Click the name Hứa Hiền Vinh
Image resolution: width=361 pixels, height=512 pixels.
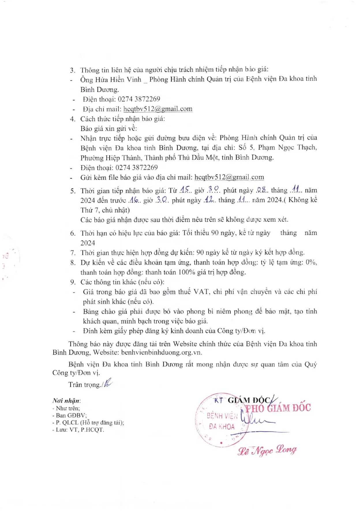click(x=118, y=79)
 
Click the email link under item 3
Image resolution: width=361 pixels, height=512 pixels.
click(x=158, y=109)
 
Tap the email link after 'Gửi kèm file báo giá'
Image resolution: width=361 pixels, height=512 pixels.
click(x=229, y=177)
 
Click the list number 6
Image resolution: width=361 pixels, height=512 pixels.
click(x=73, y=233)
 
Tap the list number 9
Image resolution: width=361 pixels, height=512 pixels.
click(x=73, y=282)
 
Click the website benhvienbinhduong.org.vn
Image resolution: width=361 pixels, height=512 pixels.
click(x=161, y=353)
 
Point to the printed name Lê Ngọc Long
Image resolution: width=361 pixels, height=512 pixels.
click(x=267, y=450)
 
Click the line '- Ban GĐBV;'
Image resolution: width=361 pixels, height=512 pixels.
click(x=69, y=415)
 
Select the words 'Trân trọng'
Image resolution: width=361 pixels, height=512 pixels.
click(x=84, y=385)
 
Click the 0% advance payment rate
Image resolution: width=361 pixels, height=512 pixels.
click(x=311, y=262)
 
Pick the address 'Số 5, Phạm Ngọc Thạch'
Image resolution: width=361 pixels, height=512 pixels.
click(x=277, y=148)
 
